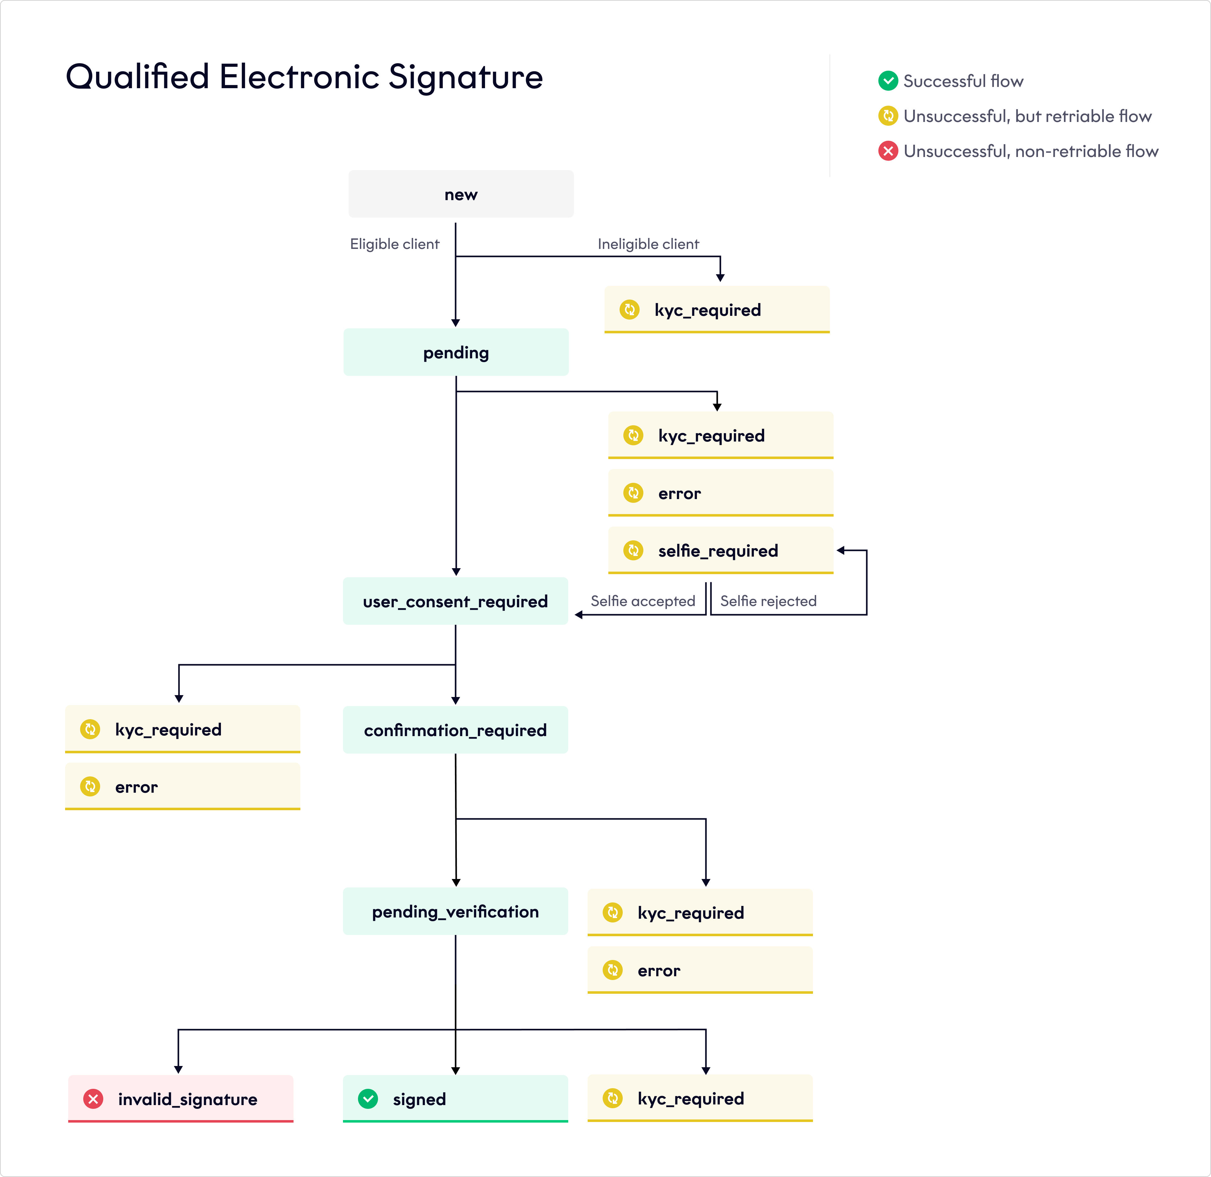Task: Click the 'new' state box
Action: pyautogui.click(x=461, y=194)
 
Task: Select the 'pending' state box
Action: pyautogui.click(x=456, y=352)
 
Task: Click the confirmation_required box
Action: pyautogui.click(x=455, y=730)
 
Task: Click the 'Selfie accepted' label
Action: pyautogui.click(x=643, y=601)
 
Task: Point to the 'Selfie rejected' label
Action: pyautogui.click(x=768, y=601)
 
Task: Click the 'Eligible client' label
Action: pyautogui.click(x=395, y=244)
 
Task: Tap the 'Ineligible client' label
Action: pyautogui.click(x=648, y=244)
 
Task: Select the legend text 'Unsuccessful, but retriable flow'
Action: pyautogui.click(x=1027, y=116)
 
